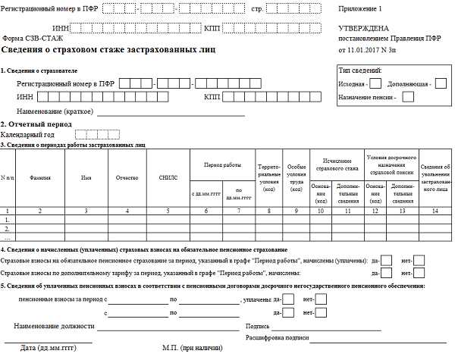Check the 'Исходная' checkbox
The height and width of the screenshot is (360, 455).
[375, 83]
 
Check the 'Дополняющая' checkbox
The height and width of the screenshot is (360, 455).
[441, 83]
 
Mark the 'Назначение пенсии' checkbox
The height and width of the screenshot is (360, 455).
[409, 96]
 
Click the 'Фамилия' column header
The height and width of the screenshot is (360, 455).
[40, 178]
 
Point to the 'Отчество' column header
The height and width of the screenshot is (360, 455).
[127, 178]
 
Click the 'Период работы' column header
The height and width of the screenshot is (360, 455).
[221, 164]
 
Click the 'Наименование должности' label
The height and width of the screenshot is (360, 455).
[54, 326]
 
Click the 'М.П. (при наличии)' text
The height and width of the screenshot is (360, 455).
[193, 349]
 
